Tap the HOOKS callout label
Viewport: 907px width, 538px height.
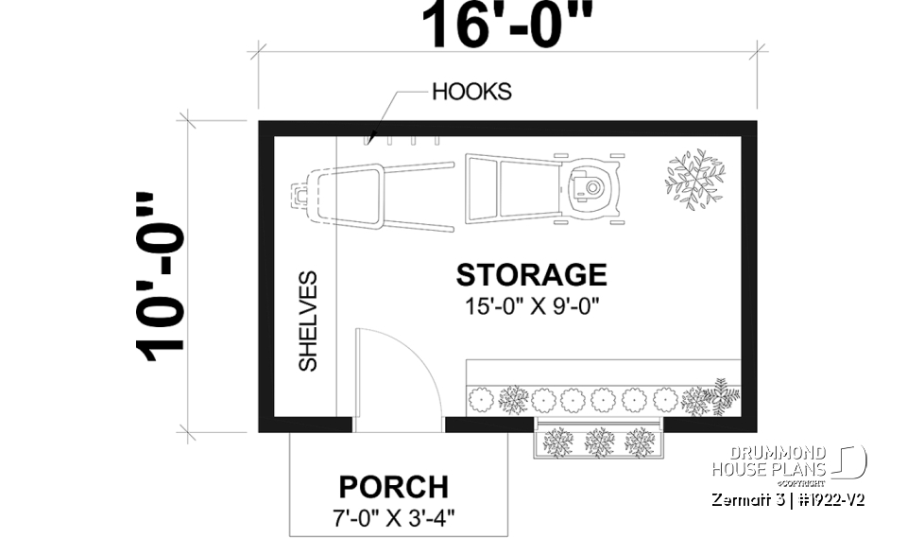[x=471, y=92]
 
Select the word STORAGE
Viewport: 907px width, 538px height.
[x=531, y=275]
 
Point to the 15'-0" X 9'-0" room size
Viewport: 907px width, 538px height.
[x=531, y=305]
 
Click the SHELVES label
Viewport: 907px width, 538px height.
[x=308, y=321]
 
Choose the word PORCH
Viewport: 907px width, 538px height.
[x=393, y=487]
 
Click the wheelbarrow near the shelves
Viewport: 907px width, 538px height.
[x=368, y=196]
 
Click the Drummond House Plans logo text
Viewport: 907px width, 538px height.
[x=769, y=461]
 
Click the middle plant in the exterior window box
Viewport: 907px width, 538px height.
[x=597, y=440]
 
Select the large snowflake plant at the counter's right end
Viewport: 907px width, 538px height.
[x=715, y=398]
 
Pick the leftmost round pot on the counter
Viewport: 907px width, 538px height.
[x=482, y=398]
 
